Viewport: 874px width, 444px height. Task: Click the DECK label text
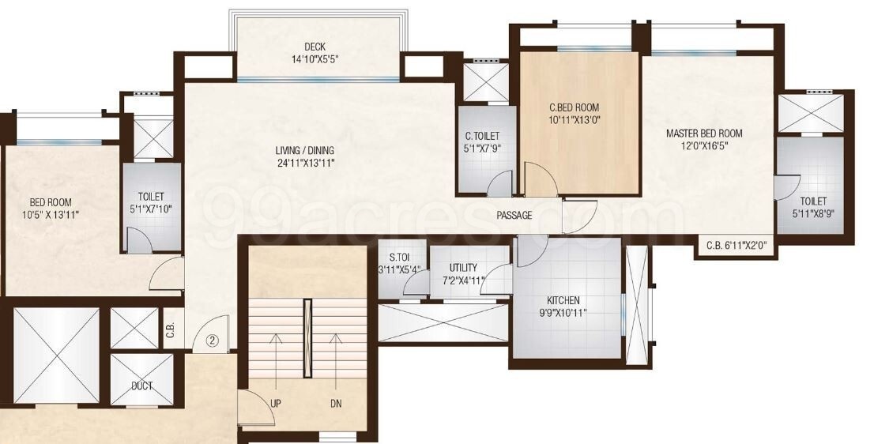(315, 47)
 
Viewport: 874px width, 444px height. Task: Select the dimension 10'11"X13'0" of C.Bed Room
(575, 120)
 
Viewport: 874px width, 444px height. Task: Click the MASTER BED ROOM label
(704, 134)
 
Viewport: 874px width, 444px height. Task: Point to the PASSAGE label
(514, 216)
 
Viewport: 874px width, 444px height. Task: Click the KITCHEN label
(563, 300)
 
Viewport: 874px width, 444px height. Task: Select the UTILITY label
(463, 268)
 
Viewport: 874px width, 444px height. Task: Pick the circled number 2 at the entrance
(212, 341)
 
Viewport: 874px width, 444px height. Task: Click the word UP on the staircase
(276, 402)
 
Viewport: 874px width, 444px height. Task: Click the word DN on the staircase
(336, 402)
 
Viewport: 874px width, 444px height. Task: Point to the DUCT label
(142, 386)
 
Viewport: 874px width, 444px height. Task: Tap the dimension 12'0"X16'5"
(704, 145)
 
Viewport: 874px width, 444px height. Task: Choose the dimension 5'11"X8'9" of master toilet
(813, 213)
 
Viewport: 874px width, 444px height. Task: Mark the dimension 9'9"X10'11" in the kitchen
(563, 312)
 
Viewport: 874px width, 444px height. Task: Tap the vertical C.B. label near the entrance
(170, 333)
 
